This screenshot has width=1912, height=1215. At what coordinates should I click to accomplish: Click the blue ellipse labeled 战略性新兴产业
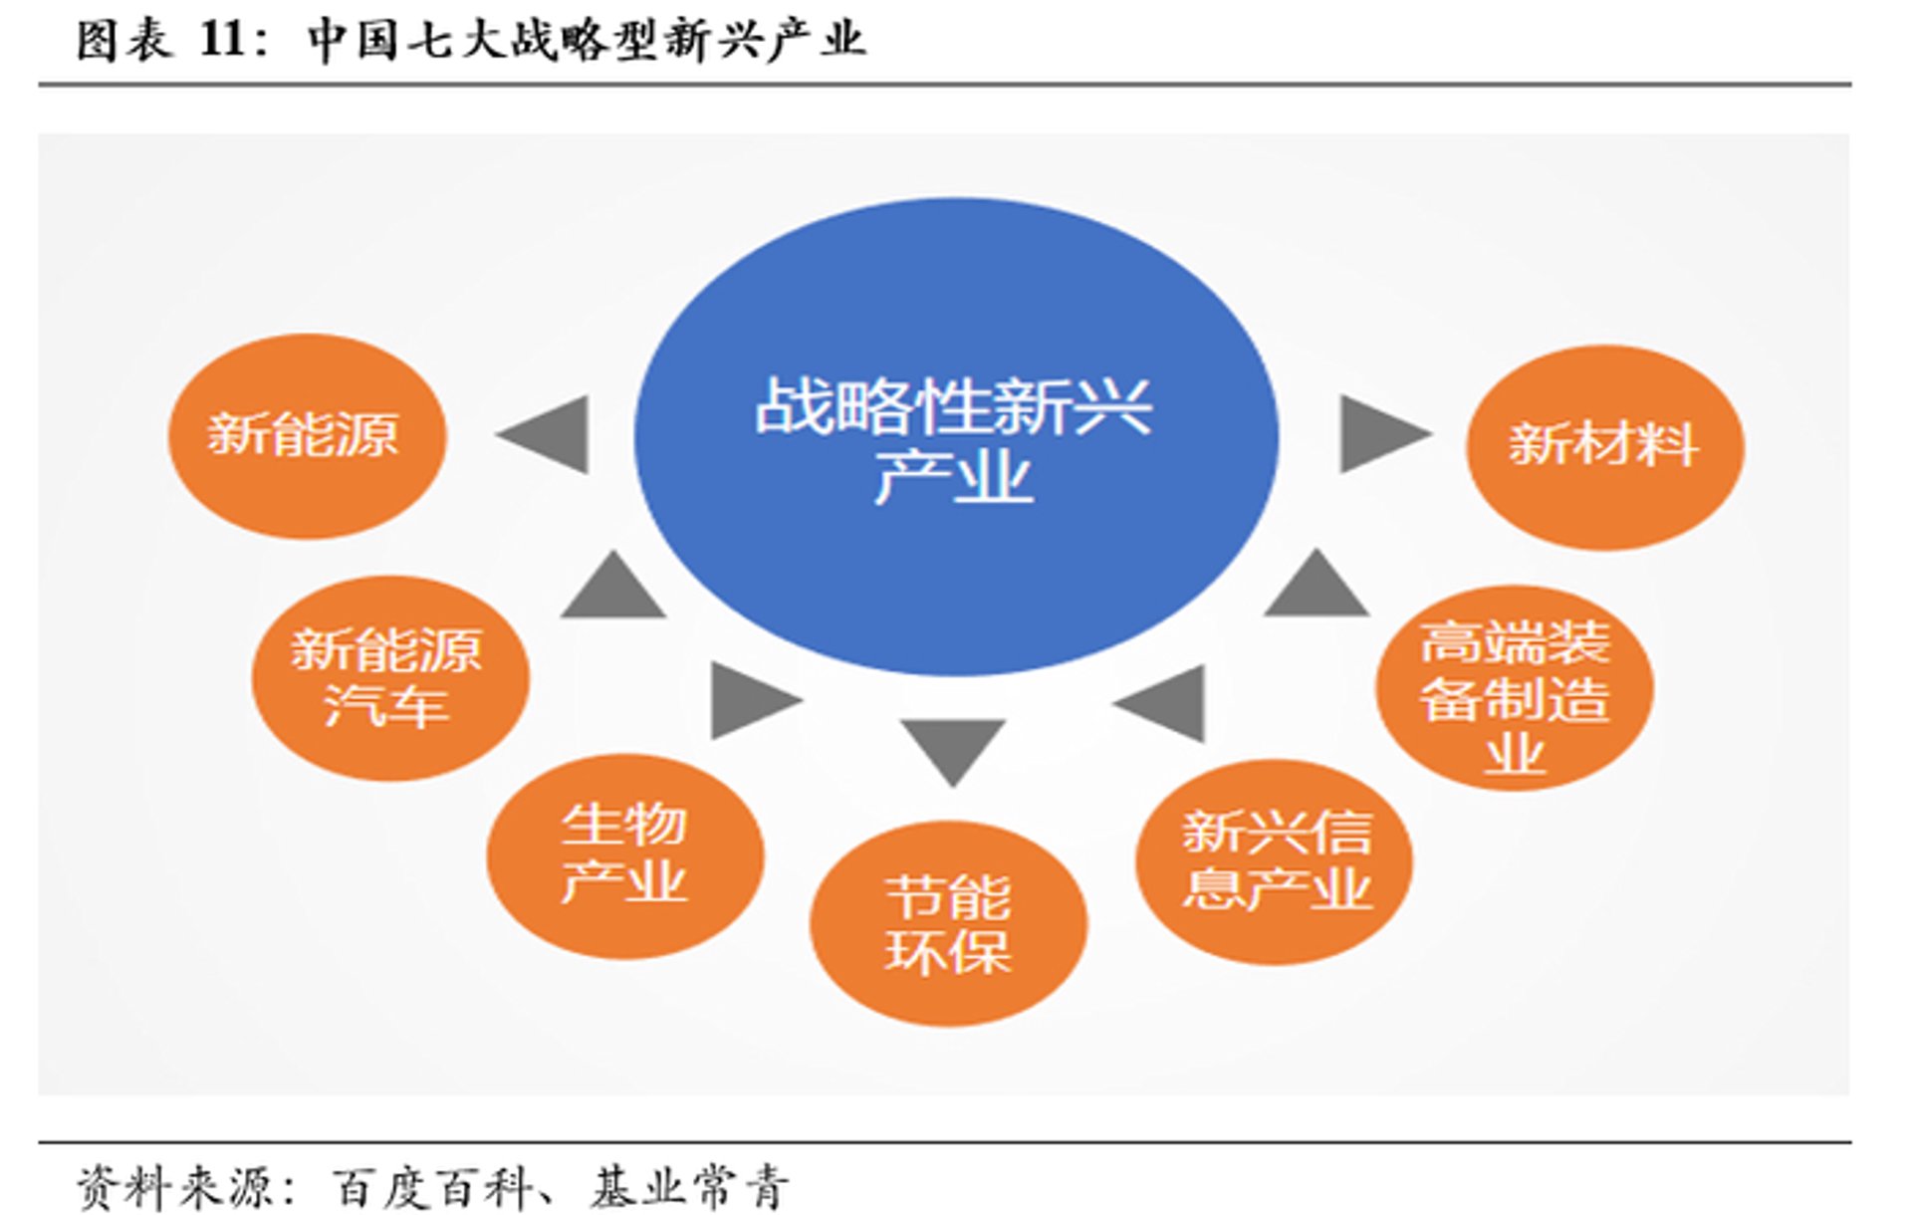(956, 435)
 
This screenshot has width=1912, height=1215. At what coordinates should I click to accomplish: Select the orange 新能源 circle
(307, 436)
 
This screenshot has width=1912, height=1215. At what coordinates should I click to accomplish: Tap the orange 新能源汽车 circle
(389, 677)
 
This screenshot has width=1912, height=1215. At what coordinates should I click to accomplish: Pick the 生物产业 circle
(624, 855)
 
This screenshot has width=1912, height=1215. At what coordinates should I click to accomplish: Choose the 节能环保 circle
(948, 922)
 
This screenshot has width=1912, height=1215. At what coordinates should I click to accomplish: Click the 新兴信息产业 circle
(1275, 861)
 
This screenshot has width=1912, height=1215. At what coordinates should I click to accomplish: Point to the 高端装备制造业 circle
(1514, 688)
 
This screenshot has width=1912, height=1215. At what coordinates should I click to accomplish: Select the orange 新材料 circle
(1604, 447)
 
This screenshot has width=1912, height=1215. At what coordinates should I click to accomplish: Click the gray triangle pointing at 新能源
(550, 434)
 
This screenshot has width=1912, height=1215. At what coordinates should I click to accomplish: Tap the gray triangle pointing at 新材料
(1380, 433)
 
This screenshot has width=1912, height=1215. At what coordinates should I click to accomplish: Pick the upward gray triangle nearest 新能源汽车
(612, 588)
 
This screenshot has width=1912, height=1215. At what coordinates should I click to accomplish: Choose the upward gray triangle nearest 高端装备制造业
(1316, 586)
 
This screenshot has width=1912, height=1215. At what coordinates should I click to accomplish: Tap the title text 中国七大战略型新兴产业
(586, 41)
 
